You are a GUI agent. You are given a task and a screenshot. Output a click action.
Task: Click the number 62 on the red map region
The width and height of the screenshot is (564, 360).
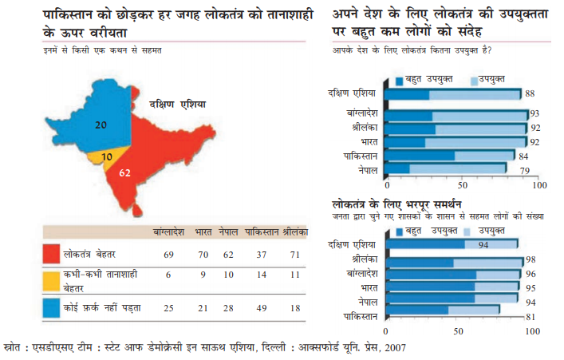[124, 172]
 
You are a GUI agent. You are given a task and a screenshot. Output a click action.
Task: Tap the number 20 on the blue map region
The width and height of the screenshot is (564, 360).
[101, 125]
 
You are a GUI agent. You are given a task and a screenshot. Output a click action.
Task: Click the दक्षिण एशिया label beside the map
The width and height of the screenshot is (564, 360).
[177, 105]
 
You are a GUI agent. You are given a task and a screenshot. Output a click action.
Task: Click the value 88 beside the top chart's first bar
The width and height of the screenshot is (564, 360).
[530, 93]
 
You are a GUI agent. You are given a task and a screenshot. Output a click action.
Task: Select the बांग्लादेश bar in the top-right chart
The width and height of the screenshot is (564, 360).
[456, 115]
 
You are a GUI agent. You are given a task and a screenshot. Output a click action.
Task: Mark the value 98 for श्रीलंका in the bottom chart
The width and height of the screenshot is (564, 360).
[530, 260]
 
